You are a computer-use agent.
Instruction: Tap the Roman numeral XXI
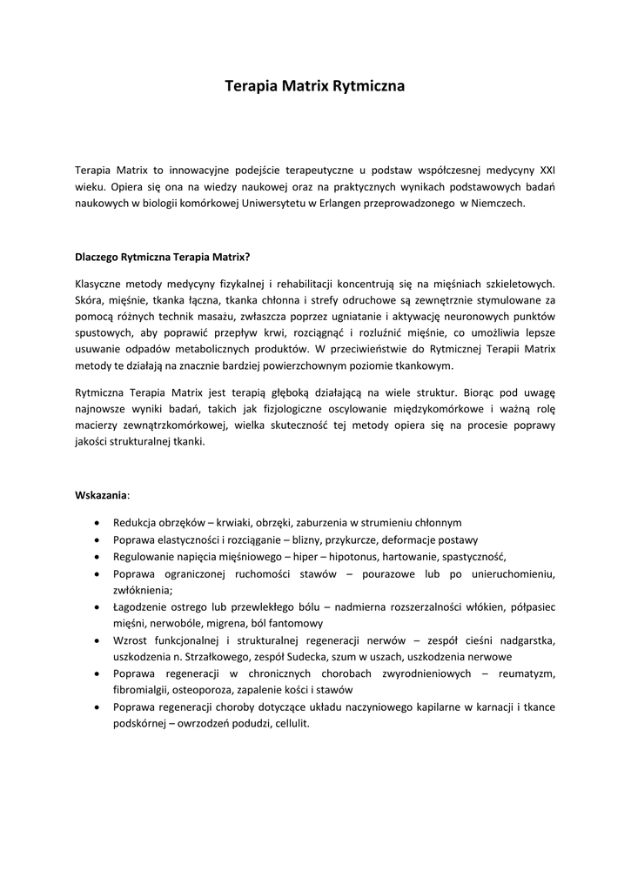click(547, 170)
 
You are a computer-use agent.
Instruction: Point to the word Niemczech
click(497, 203)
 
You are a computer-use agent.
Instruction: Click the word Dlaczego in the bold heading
click(97, 257)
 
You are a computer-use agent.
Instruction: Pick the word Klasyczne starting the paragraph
click(99, 283)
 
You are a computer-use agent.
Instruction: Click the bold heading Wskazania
click(101, 495)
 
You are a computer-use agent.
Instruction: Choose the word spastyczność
click(473, 556)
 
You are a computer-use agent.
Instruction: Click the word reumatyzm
click(525, 673)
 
